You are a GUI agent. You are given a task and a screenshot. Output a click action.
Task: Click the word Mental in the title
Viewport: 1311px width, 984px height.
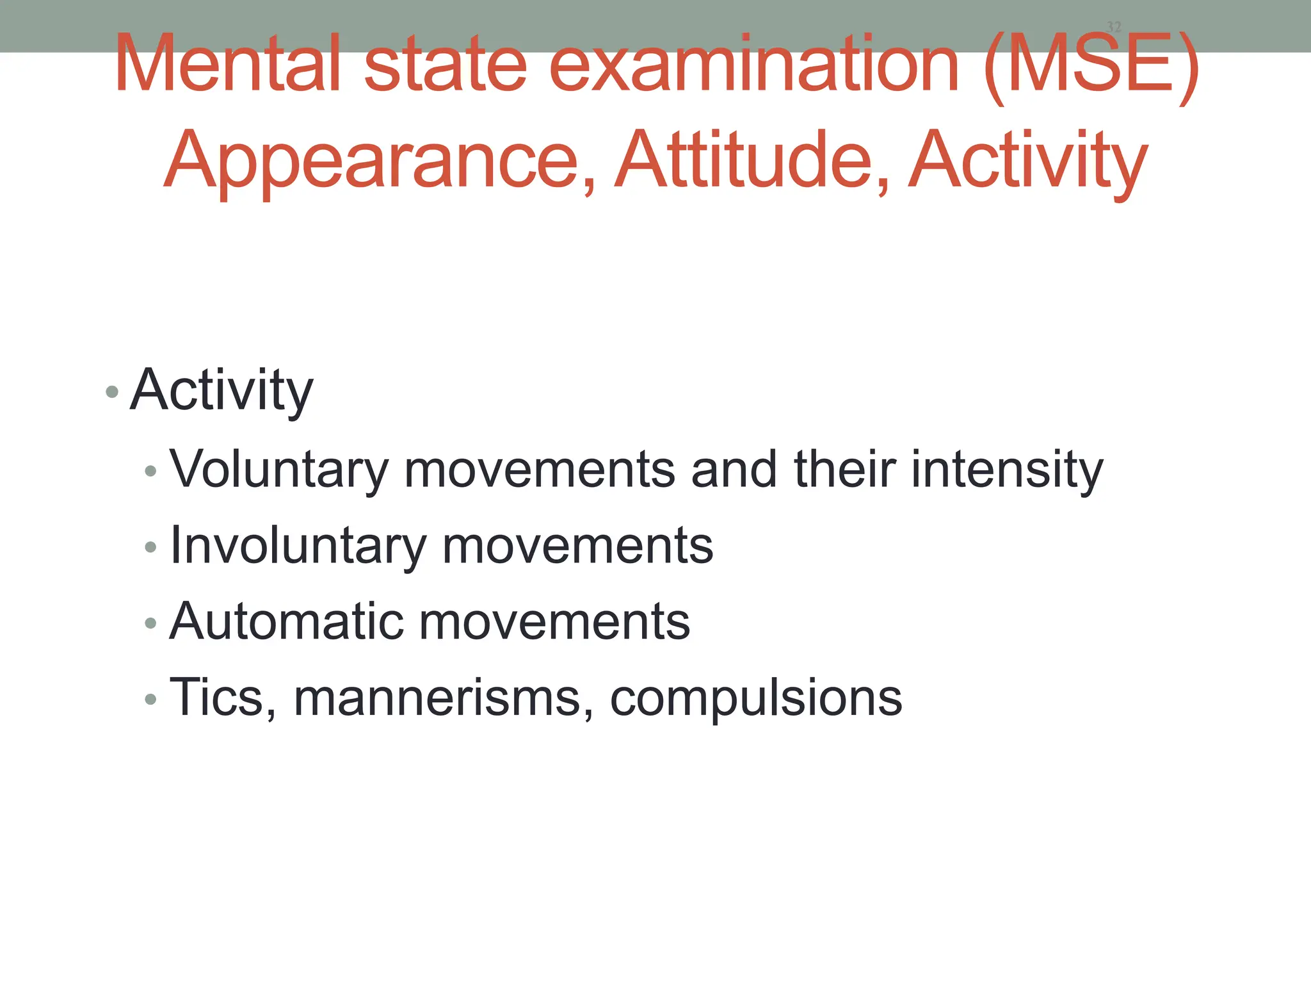coord(227,64)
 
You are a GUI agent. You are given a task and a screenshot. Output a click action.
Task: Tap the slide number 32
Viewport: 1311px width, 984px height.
coord(1114,27)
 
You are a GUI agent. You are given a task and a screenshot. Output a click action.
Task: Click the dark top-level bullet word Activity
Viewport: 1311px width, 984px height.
coord(221,391)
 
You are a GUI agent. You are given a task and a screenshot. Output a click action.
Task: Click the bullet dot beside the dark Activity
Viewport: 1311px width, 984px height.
coord(112,391)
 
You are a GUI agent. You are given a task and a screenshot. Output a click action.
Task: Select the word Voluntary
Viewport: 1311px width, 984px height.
coord(279,470)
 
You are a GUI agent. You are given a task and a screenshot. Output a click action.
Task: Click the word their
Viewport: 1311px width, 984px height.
coord(844,469)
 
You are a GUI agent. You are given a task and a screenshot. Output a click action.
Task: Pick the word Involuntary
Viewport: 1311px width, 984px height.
coord(298,546)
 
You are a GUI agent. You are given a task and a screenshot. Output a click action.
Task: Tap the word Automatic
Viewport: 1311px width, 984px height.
coord(286,621)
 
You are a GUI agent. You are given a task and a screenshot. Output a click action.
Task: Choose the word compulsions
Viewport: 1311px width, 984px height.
coord(756,699)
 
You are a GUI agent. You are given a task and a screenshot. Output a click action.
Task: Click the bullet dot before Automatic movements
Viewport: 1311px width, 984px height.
coord(150,623)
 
